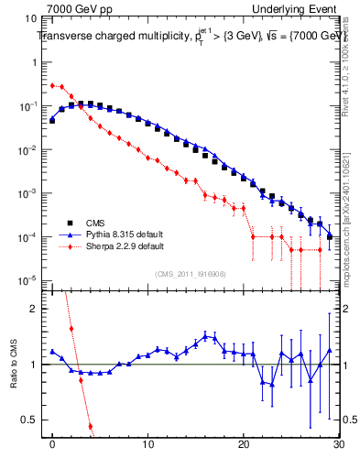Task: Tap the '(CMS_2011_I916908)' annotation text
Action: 191,274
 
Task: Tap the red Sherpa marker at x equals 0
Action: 52,85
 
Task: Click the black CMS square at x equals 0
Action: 52,120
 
